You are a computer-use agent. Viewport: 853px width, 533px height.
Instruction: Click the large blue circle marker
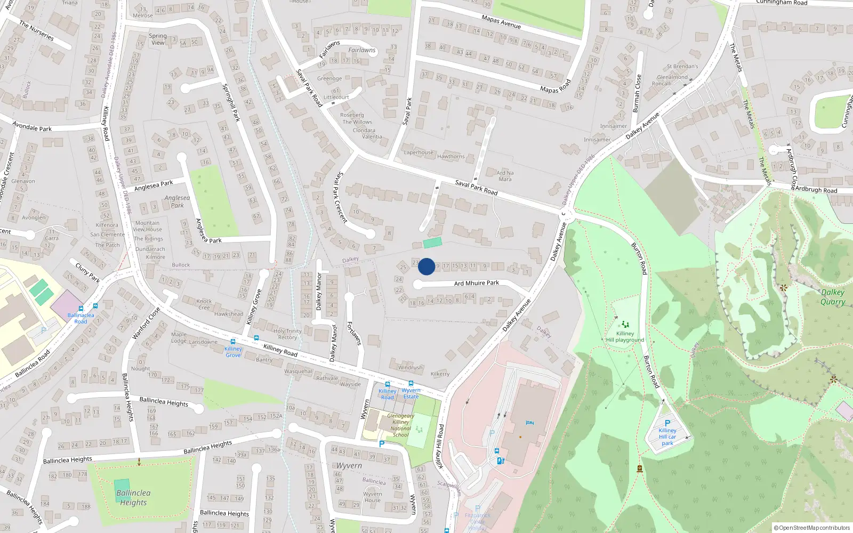tap(426, 266)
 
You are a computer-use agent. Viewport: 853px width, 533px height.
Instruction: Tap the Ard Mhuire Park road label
tap(476, 283)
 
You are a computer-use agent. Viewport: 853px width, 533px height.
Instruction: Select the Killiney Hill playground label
tap(625, 336)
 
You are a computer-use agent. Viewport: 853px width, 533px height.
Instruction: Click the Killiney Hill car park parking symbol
tap(667, 423)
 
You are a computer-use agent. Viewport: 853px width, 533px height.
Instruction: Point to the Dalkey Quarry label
tap(832, 297)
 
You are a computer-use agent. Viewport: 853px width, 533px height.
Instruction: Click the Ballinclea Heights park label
tap(133, 497)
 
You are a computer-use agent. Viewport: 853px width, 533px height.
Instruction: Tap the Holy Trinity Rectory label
tap(287, 334)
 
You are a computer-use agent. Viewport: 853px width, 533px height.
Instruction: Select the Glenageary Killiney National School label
tap(400, 425)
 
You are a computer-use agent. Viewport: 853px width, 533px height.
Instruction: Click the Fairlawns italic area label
tap(362, 50)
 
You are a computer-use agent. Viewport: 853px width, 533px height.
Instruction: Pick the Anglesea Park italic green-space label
tap(177, 201)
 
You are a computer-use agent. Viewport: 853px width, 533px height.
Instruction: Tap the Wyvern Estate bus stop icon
tap(411, 383)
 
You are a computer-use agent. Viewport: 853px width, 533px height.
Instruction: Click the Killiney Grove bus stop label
tap(233, 352)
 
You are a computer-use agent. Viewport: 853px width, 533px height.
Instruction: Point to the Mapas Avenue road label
tap(501, 22)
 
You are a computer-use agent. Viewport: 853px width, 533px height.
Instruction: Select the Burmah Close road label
tap(637, 93)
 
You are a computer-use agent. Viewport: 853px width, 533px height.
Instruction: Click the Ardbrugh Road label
tap(816, 190)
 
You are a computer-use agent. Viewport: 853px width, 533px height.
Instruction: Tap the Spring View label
tap(158, 39)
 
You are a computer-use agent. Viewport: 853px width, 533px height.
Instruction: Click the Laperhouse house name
tap(419, 152)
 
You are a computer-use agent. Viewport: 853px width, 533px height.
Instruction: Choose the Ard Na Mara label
tap(505, 176)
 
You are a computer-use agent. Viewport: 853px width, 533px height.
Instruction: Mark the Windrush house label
tap(411, 367)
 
